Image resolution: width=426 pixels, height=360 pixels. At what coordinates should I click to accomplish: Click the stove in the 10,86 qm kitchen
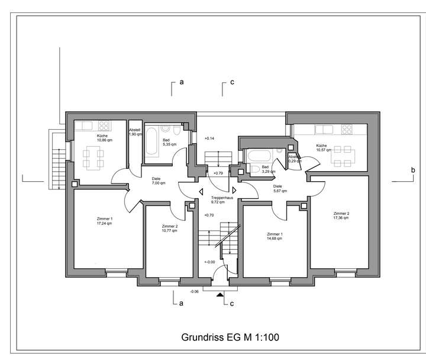[105, 126]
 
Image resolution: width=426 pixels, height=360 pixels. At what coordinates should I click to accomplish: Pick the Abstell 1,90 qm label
[135, 132]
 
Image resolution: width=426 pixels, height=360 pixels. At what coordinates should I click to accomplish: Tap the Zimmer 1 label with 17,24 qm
[104, 221]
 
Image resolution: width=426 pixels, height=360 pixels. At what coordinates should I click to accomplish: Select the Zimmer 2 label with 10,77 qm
[169, 229]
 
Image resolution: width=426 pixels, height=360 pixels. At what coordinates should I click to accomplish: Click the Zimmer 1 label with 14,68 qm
[275, 236]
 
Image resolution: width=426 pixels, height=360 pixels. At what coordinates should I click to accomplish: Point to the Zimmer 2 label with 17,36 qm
[341, 216]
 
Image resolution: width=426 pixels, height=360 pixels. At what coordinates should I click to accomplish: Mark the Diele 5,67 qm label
[277, 188]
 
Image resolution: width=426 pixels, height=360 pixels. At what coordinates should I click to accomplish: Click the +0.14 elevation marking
[208, 138]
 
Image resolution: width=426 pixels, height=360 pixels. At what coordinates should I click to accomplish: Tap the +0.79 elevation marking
[218, 173]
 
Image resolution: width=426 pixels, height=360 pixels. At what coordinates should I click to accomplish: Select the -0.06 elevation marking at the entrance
[195, 291]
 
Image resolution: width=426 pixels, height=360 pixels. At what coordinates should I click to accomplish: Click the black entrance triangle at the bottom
[220, 293]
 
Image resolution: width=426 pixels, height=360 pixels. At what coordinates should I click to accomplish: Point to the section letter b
[412, 171]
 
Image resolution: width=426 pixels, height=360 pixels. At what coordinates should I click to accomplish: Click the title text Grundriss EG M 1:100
[230, 337]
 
